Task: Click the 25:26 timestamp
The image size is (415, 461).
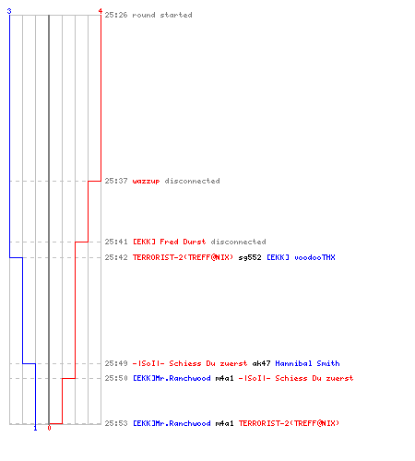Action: coord(116,15)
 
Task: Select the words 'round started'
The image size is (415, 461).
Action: coord(162,15)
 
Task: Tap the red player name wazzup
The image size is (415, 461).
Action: coord(146,181)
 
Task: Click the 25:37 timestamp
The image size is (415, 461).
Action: coord(116,181)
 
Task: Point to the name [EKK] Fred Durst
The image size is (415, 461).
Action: coord(169,242)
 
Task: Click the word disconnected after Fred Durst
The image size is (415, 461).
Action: coord(238,242)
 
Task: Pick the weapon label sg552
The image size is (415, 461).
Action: coord(250,257)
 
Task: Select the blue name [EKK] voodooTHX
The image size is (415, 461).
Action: coord(301,257)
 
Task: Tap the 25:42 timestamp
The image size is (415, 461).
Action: coord(116,257)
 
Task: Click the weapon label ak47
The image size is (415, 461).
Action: coord(261,363)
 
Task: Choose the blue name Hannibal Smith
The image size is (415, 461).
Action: coord(307,363)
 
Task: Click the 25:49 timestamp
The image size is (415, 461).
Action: coord(116,363)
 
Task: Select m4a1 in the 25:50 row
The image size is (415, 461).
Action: coord(224,378)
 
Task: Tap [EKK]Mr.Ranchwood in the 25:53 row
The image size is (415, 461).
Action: coord(172,423)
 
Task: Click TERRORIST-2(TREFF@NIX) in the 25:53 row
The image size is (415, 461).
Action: coord(289,423)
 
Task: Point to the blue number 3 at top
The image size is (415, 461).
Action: coord(9,11)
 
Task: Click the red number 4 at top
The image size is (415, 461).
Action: coord(101,11)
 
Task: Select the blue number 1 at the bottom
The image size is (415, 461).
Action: coord(35,428)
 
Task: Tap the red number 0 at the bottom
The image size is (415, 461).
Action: coord(49,428)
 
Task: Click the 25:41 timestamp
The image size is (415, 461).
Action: coord(116,242)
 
